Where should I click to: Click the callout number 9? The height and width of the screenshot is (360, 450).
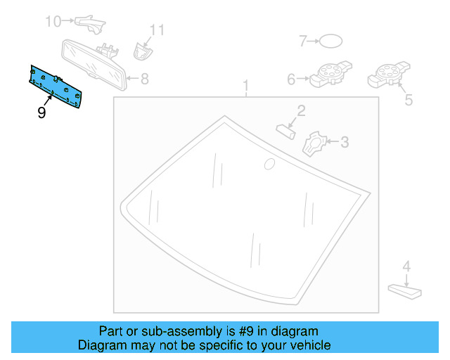coord(41,112)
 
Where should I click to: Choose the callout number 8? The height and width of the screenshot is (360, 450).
coord(144,79)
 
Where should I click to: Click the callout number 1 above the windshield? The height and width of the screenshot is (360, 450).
coord(246,87)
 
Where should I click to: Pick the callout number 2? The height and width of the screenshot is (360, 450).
coord(300,110)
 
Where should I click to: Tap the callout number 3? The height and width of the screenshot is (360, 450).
coord(344,143)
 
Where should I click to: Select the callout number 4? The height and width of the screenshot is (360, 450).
coord(406,266)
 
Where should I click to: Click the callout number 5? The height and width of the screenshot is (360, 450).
coord(409,100)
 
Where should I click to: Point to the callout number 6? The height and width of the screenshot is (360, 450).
coord(291,79)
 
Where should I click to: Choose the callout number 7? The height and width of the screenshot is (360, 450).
coord(304,41)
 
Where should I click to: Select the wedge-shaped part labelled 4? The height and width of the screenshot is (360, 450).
coord(404,288)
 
